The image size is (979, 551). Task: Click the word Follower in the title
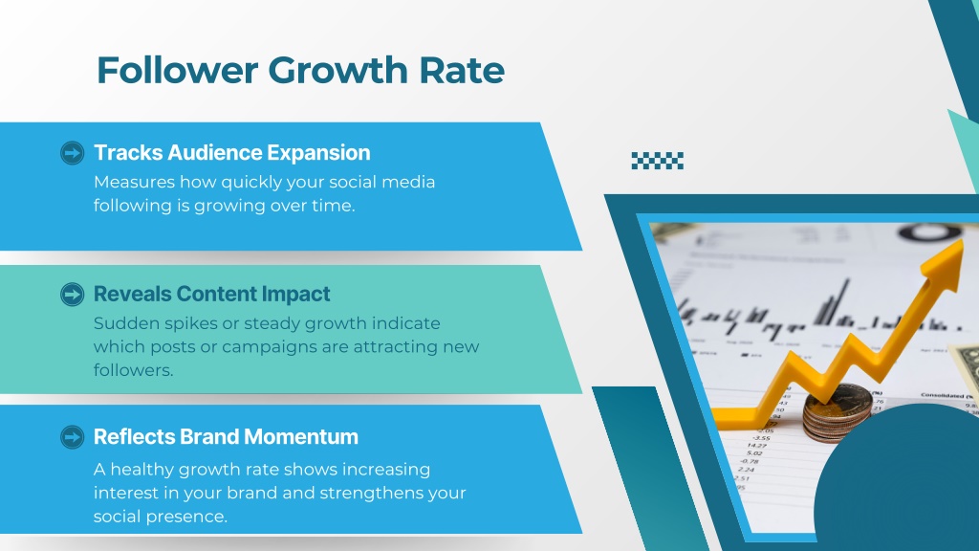point(177,69)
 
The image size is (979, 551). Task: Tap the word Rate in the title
point(462,69)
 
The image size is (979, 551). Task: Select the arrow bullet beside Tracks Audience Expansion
point(73,153)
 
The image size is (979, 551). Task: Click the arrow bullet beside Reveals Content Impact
point(73,295)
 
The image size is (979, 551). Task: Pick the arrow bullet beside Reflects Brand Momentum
point(73,437)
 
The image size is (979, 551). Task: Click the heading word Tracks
point(128,152)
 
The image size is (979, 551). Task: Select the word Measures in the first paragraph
point(134,182)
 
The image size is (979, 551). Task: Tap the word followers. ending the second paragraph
point(134,370)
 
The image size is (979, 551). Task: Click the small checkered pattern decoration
point(658,161)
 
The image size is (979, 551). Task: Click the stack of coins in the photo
point(838,411)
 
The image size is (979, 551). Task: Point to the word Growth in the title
point(337,69)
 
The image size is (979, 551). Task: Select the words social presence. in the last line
point(161,517)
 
